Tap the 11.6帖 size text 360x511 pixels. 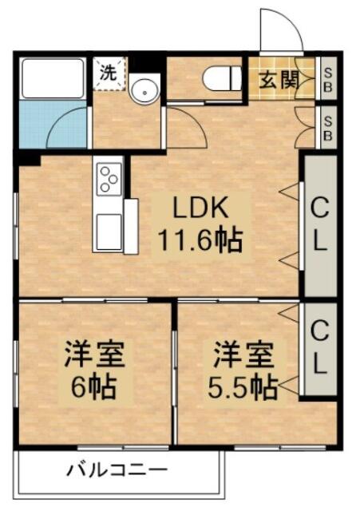[x=200, y=241]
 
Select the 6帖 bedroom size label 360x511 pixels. [x=94, y=387]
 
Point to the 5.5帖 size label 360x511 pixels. [x=243, y=387]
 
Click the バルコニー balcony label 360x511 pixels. [x=117, y=470]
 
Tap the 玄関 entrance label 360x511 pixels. [x=279, y=80]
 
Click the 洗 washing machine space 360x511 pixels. [x=109, y=73]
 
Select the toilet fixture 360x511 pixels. [x=222, y=78]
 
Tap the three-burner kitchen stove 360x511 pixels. [x=109, y=179]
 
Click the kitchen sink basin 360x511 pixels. [x=109, y=232]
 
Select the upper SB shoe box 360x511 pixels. [x=328, y=78]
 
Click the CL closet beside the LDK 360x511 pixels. [x=320, y=225]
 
